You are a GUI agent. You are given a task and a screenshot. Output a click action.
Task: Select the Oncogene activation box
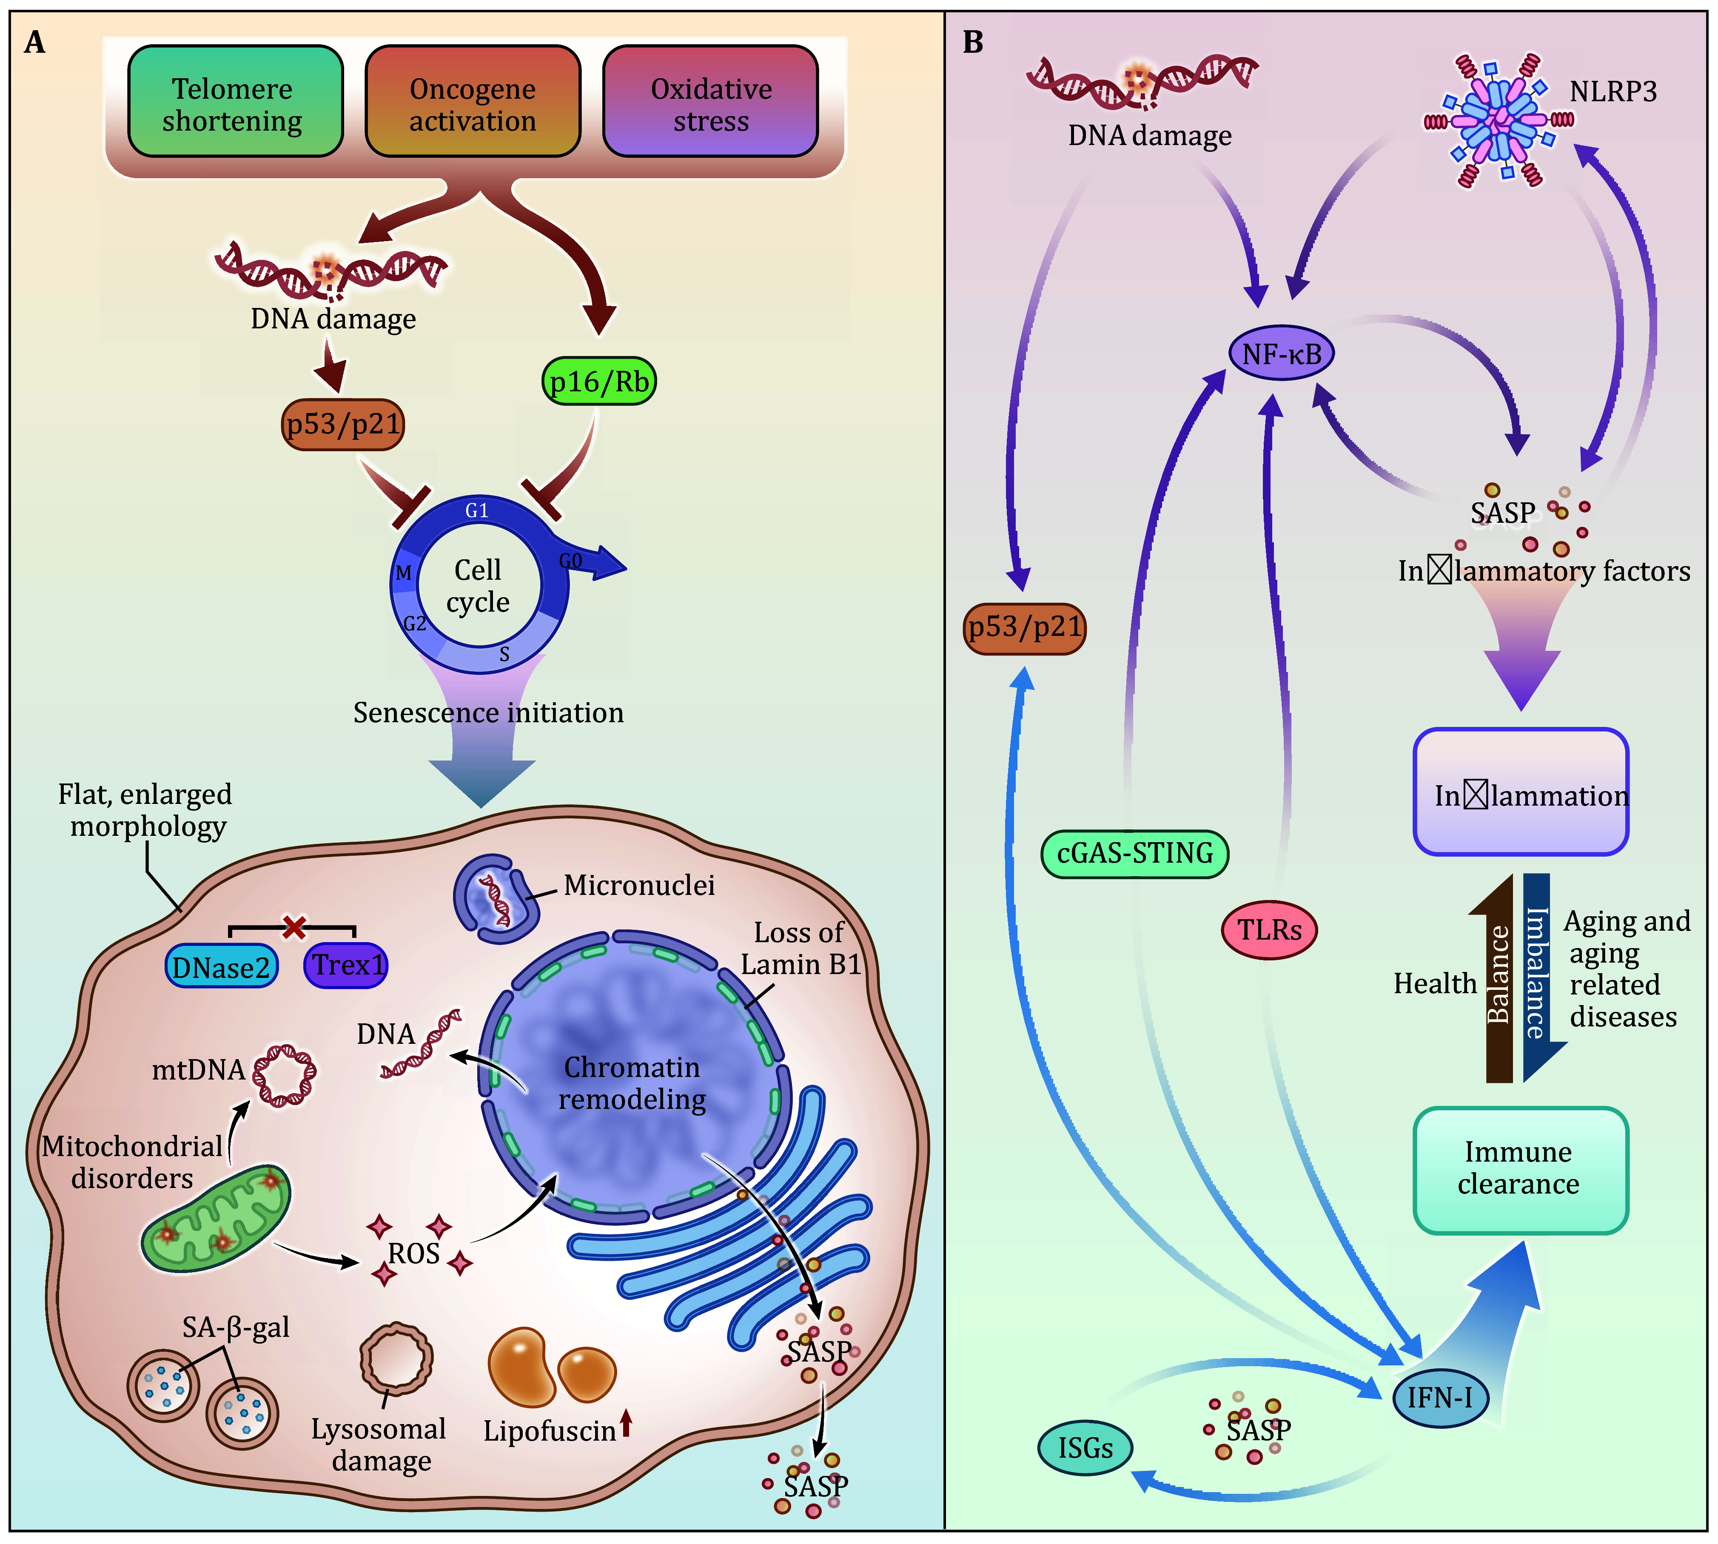(473, 102)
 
